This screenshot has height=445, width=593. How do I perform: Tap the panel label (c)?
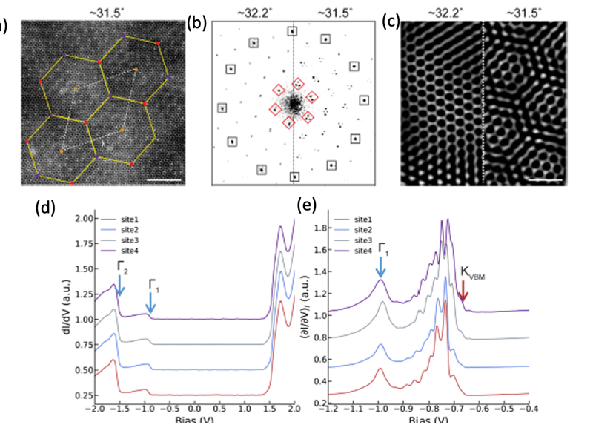[391, 21]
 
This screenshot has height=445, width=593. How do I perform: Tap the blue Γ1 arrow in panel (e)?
[381, 263]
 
